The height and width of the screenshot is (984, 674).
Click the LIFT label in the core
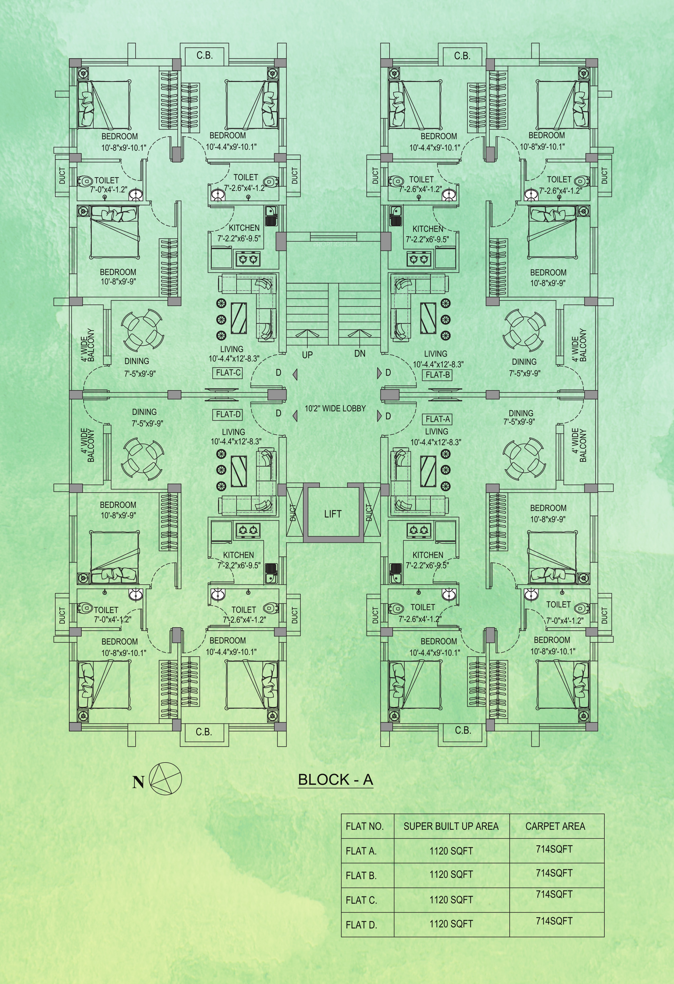(x=332, y=514)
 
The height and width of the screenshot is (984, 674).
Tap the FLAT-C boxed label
(x=228, y=373)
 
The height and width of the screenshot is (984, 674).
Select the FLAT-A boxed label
(x=438, y=419)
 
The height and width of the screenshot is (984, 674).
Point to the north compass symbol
(x=166, y=779)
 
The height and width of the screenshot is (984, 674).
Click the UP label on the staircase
(x=307, y=355)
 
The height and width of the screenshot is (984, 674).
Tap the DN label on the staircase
(x=360, y=353)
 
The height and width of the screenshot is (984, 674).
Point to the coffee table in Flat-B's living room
(x=428, y=318)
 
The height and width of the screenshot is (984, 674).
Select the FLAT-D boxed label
(x=228, y=414)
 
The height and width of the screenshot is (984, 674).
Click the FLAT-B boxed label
(x=438, y=375)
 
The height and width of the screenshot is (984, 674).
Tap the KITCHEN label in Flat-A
(x=428, y=555)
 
